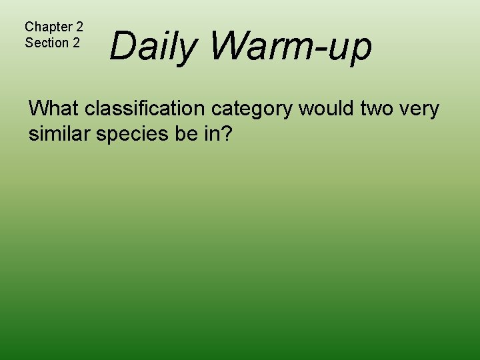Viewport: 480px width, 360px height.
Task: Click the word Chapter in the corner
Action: click(x=47, y=27)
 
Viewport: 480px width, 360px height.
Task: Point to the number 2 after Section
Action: click(x=76, y=43)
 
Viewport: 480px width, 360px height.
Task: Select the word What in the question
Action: click(x=54, y=108)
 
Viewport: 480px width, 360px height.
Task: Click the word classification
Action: click(x=146, y=108)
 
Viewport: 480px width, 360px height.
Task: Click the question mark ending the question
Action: click(x=227, y=133)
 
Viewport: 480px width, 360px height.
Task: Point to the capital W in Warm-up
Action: click(x=229, y=47)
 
